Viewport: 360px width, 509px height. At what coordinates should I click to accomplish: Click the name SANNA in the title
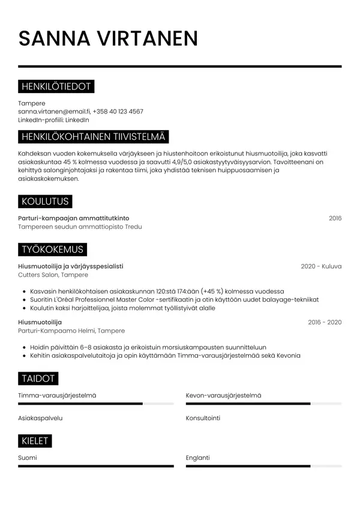click(55, 38)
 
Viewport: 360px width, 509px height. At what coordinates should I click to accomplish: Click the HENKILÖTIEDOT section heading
click(56, 87)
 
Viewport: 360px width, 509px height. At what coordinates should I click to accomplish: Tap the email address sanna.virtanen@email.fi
click(54, 112)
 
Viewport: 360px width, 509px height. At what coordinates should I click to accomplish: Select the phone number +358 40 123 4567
click(118, 112)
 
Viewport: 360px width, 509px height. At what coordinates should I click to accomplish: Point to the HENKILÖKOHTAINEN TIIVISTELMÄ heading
click(94, 137)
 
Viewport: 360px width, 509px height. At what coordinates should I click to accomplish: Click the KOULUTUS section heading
click(45, 202)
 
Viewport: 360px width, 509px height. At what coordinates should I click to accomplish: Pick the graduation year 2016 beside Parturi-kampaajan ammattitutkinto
click(335, 218)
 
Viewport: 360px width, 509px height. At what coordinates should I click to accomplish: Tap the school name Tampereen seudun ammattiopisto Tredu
click(80, 227)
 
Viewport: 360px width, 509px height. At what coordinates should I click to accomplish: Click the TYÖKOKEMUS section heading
click(52, 250)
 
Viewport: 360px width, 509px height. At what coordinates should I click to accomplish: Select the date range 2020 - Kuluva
click(321, 267)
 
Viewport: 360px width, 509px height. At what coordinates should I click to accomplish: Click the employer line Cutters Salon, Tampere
click(53, 275)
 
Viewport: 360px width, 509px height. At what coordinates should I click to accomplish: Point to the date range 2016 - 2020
click(325, 322)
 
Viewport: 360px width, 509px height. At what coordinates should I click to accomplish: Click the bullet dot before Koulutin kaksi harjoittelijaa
click(23, 309)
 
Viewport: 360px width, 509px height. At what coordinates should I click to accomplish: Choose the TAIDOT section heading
click(38, 379)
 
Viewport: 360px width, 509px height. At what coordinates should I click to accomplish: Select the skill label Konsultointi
click(203, 418)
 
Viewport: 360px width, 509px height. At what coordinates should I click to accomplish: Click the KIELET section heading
click(35, 441)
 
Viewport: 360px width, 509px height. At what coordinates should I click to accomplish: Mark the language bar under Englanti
click(263, 466)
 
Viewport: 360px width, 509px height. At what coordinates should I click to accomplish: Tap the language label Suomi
click(28, 458)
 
